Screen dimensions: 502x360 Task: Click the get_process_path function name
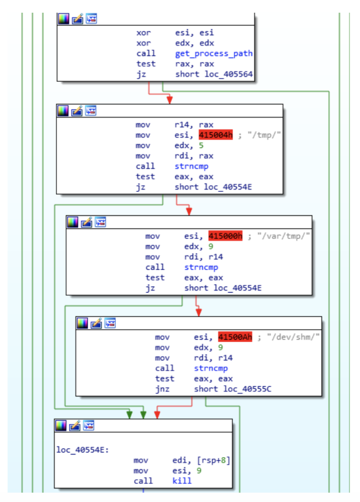pos(214,53)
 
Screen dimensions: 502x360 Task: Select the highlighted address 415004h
pos(216,135)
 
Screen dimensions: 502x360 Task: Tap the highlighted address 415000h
pos(226,236)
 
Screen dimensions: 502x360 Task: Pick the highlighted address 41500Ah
pos(235,337)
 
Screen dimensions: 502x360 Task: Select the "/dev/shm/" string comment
pos(293,337)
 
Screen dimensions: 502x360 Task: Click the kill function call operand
pos(182,481)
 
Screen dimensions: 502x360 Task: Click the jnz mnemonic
pos(163,389)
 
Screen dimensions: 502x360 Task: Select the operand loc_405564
pos(214,74)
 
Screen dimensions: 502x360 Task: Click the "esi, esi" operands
pos(194,33)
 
